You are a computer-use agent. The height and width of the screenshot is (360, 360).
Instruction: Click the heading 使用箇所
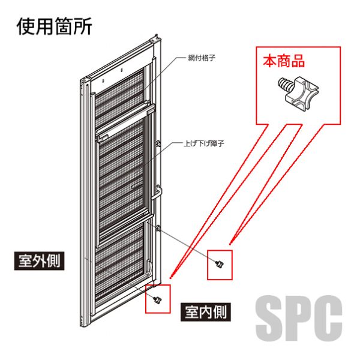55,26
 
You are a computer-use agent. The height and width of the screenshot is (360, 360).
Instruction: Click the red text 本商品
284,61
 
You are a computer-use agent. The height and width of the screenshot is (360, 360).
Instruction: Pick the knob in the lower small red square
158,298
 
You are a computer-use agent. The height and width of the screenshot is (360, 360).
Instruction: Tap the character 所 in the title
83,26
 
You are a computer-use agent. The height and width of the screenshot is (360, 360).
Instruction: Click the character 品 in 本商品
298,61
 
